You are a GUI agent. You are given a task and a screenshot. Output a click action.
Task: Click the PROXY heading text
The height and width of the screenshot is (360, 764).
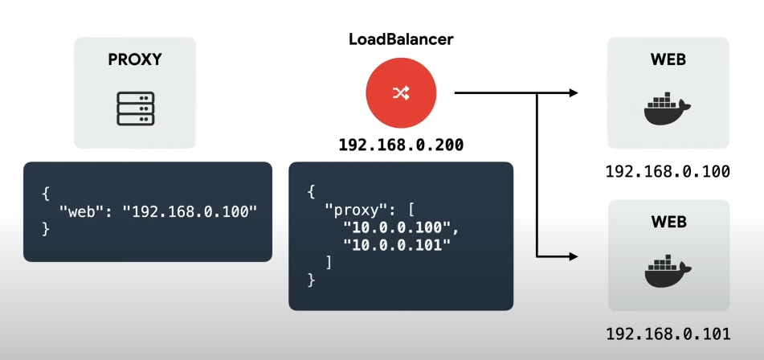tap(135, 59)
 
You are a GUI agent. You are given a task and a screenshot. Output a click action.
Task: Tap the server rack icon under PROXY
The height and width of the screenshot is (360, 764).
tap(135, 108)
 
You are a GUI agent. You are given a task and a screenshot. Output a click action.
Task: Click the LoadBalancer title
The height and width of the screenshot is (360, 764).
tap(401, 39)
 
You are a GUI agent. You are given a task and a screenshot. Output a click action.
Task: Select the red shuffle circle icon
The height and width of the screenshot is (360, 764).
tap(401, 93)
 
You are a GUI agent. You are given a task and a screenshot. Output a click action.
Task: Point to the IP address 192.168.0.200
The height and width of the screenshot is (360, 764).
tap(401, 145)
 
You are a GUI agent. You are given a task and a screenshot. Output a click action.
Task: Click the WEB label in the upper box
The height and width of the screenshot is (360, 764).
tap(668, 59)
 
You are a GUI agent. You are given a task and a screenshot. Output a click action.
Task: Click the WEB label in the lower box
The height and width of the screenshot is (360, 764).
tap(668, 221)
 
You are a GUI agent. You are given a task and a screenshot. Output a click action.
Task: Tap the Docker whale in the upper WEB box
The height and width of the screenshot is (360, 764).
tap(667, 111)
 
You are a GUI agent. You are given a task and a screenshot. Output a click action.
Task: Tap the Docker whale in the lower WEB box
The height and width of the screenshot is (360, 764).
tap(667, 272)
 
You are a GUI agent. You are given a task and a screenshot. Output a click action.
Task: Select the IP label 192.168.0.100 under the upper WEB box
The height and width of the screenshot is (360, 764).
tap(668, 171)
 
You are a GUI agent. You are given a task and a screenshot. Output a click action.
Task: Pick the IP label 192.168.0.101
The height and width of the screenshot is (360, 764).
tap(668, 333)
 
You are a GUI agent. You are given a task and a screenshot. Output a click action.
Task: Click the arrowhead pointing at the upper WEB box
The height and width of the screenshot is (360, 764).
tap(573, 93)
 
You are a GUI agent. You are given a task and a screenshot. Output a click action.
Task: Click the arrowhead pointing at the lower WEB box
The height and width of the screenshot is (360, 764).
tap(573, 256)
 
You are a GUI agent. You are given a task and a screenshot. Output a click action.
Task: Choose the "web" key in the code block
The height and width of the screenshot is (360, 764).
tap(86, 212)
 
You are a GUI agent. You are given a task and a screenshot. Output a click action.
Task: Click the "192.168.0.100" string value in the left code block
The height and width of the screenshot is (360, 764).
tap(189, 212)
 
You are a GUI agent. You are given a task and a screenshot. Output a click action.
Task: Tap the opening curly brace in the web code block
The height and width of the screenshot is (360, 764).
tap(46, 194)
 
